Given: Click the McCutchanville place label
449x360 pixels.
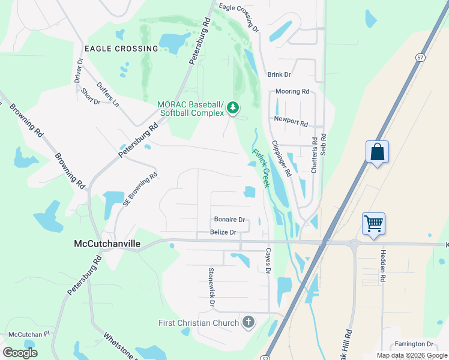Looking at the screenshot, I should tap(107, 244).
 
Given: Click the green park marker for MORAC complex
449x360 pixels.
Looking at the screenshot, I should tap(232, 108).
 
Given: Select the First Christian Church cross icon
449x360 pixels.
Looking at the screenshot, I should tap(247, 323).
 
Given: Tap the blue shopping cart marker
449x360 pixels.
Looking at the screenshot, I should tap(373, 224).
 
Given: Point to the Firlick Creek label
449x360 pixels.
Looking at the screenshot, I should tap(261, 168).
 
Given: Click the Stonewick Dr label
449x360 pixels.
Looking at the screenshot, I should tap(211, 287).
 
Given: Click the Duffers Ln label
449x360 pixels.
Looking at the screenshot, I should tap(108, 95).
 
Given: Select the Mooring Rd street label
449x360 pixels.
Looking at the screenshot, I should tap(292, 92).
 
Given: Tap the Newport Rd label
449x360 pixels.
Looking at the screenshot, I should tap(291, 121).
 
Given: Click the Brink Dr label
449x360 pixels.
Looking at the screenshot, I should tap(279, 74).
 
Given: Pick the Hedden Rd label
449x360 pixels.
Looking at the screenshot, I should tap(382, 266).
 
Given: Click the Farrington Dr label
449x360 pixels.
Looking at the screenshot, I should tap(414, 344).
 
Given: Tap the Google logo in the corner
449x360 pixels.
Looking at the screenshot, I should tap(20, 353).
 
